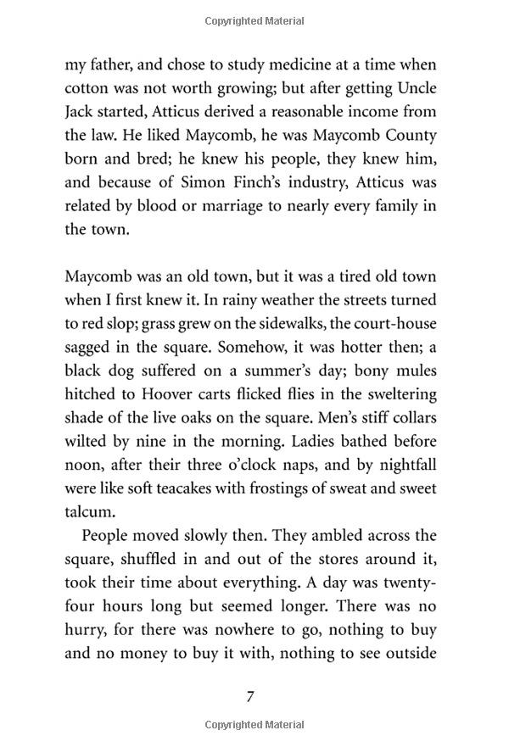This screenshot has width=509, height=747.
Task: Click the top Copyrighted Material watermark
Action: click(255, 21)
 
